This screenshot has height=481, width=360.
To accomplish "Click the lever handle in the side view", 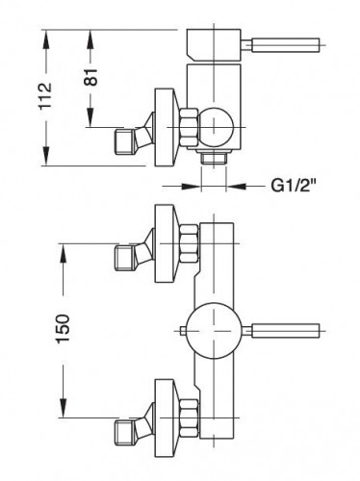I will (285, 44).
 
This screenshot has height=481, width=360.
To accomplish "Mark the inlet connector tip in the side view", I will (124, 141).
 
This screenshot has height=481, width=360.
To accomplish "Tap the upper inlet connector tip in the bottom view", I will (124, 257).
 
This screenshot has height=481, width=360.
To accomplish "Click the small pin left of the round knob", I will (182, 333).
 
